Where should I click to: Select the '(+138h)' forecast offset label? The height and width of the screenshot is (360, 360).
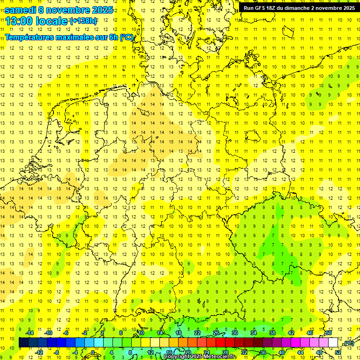83,21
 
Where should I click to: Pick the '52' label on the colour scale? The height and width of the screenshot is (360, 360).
338,352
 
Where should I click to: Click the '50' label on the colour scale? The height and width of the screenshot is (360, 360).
329,333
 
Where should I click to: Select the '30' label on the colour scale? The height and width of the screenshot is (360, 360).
234,333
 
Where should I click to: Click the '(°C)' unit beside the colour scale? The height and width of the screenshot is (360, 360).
349,343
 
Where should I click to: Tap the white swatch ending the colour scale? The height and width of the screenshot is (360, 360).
333,343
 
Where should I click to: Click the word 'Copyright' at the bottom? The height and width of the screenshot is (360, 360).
177,357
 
